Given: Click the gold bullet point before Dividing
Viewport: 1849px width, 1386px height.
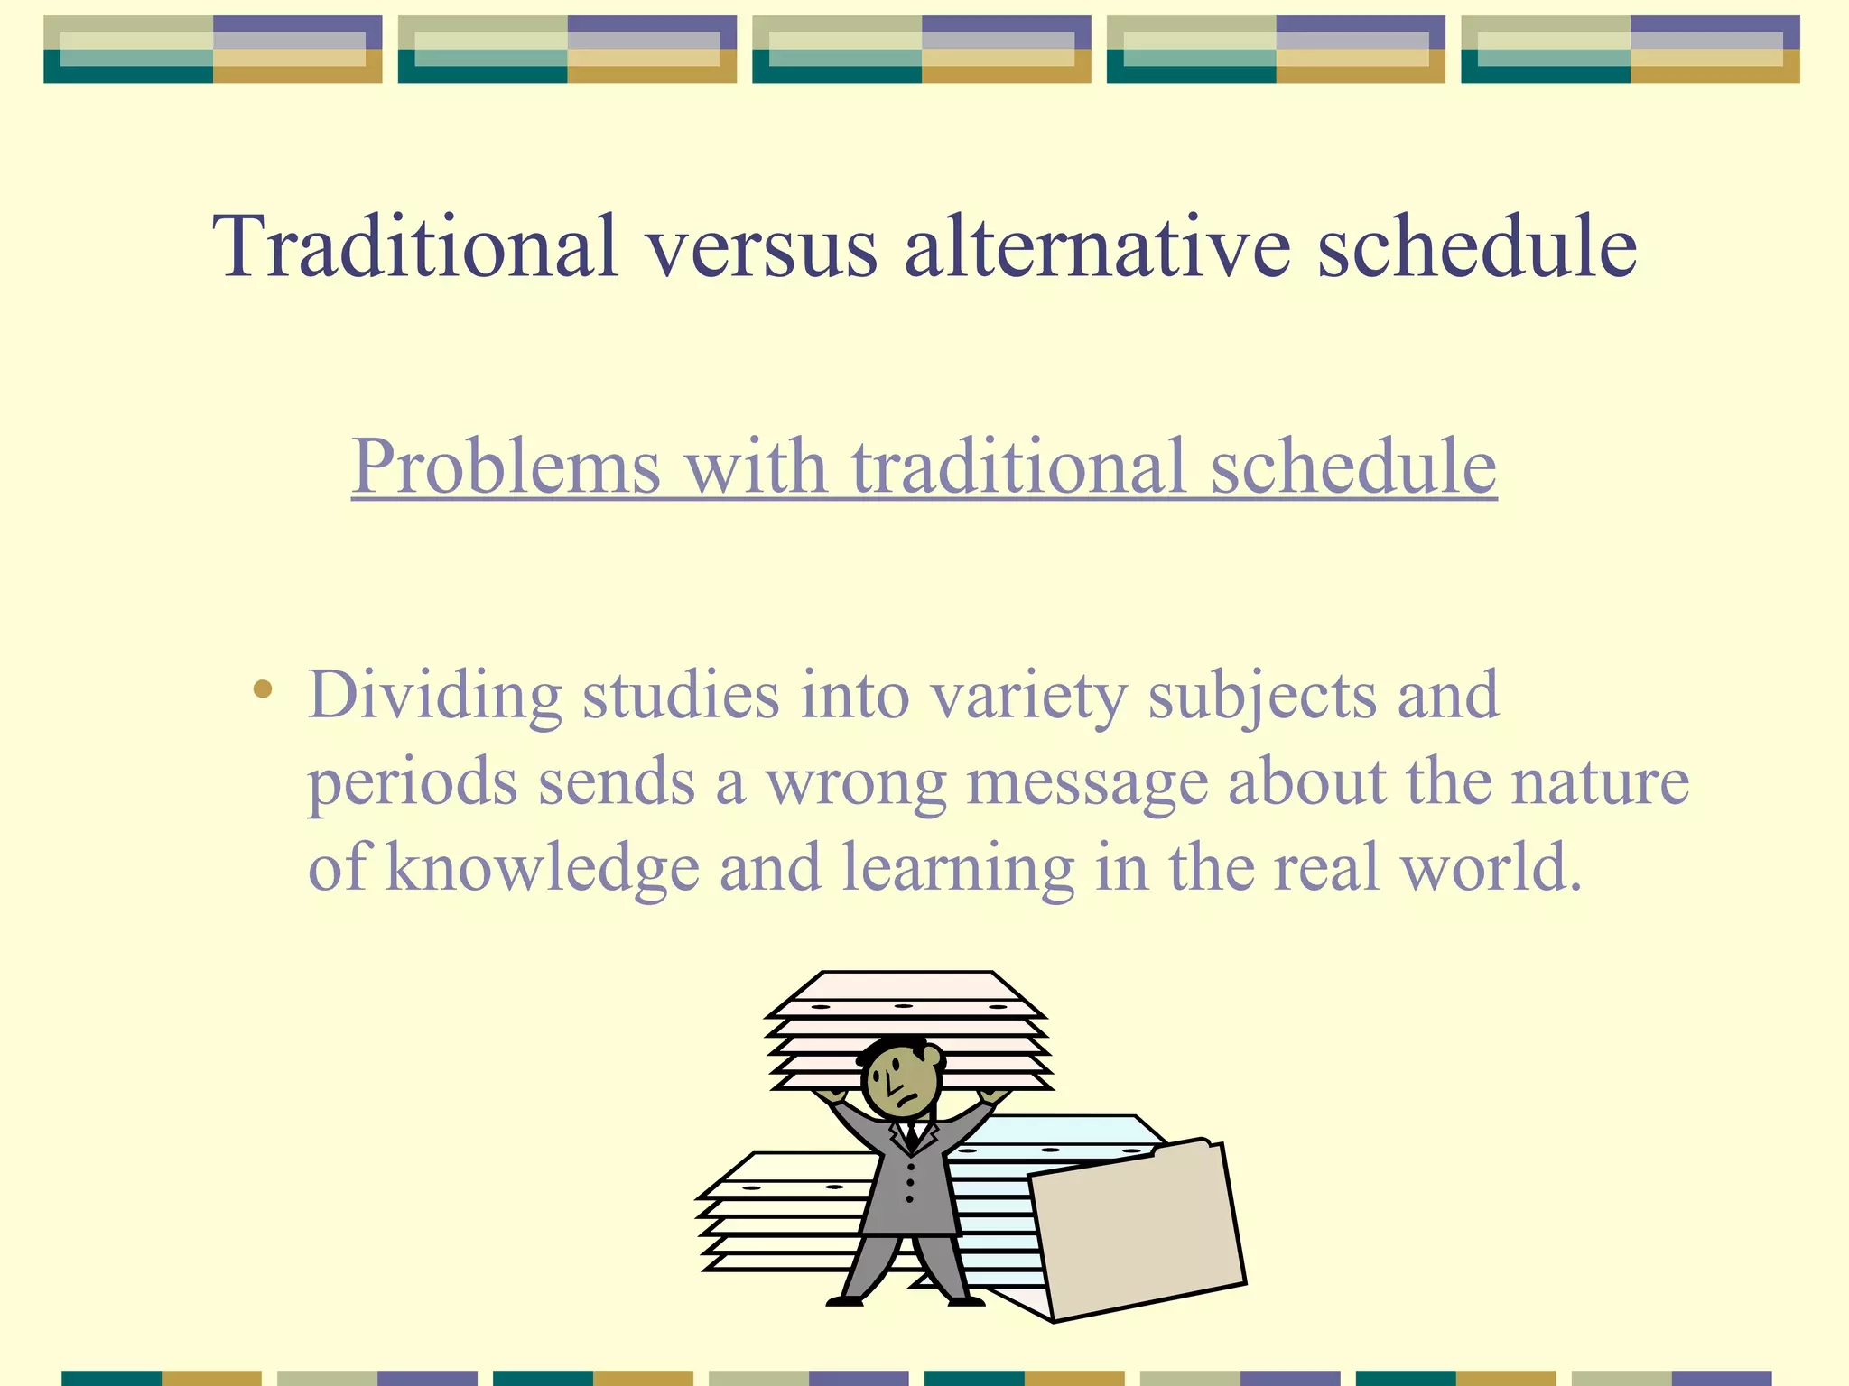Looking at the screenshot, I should [263, 690].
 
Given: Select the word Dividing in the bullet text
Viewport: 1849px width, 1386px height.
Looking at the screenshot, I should [435, 697].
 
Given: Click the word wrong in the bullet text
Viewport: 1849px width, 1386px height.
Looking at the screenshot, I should [856, 783].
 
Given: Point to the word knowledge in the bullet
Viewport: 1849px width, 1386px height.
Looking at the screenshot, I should [543, 868].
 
